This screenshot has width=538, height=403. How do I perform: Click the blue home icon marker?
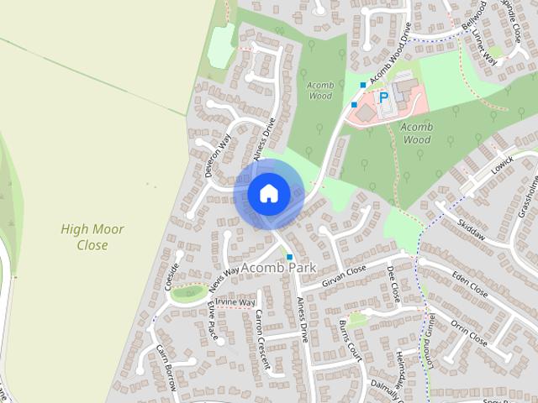(x=268, y=193)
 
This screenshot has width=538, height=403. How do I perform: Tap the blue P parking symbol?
(x=384, y=98)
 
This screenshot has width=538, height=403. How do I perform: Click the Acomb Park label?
(x=278, y=268)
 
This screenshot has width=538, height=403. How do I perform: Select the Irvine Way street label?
(x=235, y=302)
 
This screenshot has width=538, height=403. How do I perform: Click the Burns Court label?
(x=349, y=340)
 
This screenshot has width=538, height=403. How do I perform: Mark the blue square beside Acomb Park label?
(x=289, y=256)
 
